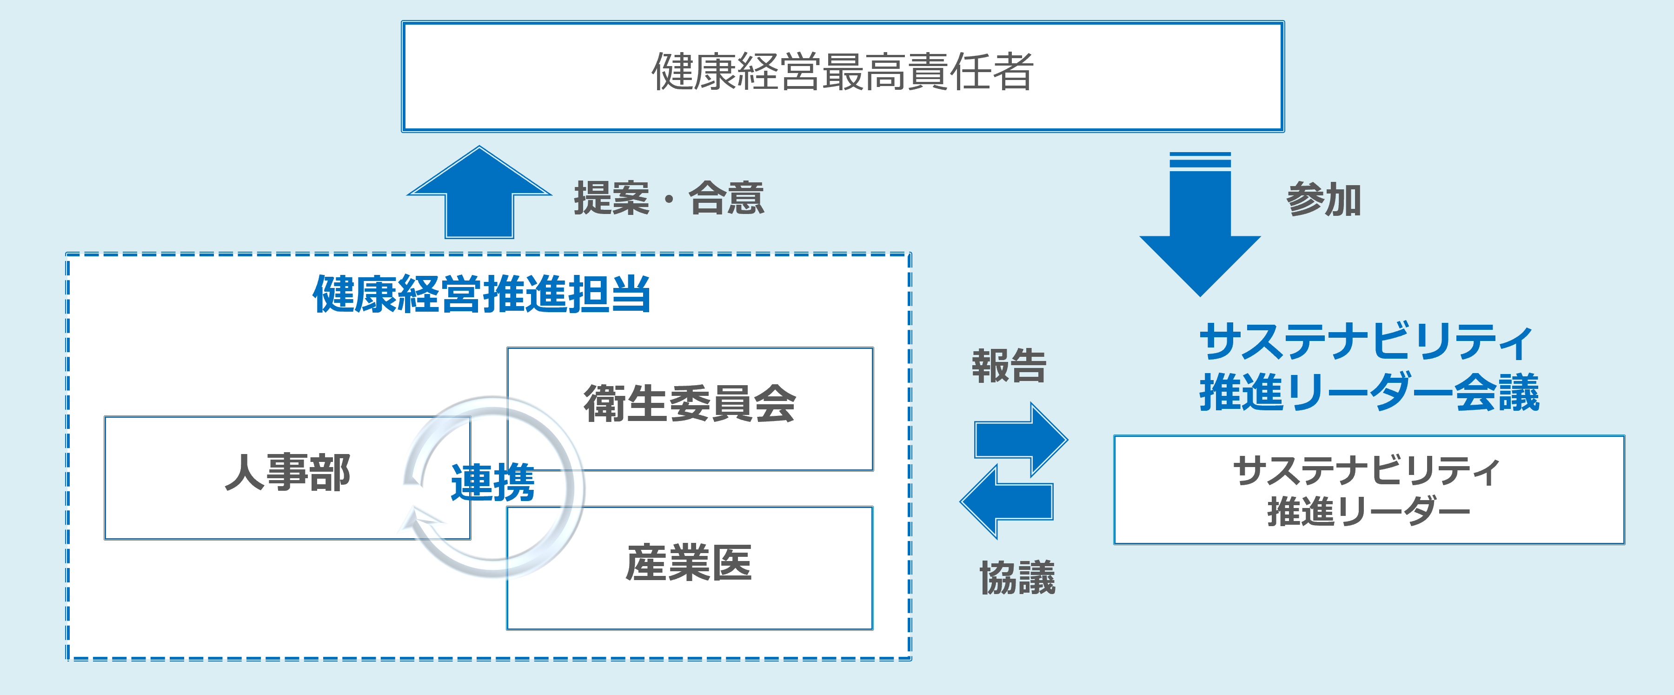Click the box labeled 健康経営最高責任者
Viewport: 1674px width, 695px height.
tap(842, 76)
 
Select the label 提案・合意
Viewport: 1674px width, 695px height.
tap(669, 198)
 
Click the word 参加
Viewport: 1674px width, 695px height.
tap(1323, 199)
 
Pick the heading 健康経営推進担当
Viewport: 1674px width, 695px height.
tap(482, 294)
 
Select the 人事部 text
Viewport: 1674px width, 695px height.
tap(287, 472)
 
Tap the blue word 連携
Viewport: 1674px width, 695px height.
tap(492, 482)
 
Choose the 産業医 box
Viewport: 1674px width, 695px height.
tap(690, 567)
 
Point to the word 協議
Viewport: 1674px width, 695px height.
tap(1017, 577)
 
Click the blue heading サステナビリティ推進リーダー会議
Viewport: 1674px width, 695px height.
tap(1368, 368)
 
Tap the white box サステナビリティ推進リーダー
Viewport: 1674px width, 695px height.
tap(1368, 489)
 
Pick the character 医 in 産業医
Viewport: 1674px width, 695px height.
tap(732, 563)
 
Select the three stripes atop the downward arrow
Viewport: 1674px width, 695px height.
tap(1200, 160)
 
